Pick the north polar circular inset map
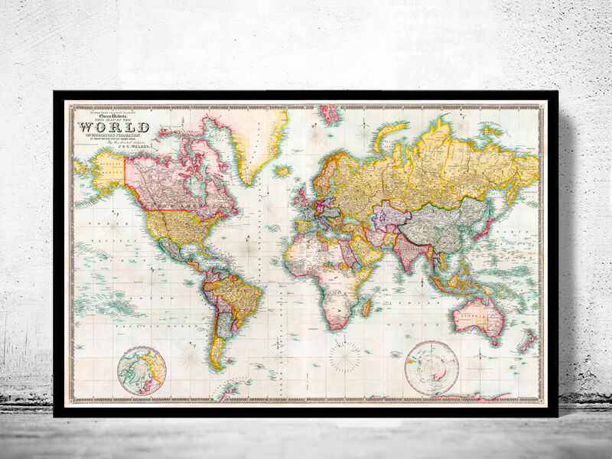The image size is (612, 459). click(143, 371)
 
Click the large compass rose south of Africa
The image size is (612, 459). click(344, 356)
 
